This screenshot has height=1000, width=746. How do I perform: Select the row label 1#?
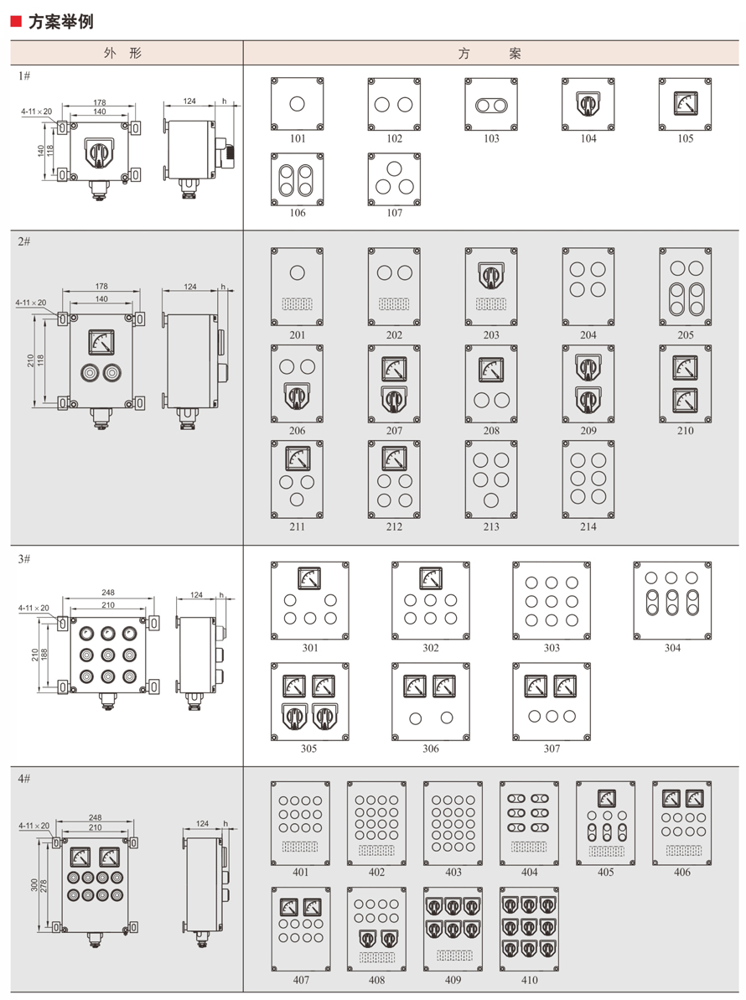25,75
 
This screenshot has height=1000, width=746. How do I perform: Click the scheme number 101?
297,139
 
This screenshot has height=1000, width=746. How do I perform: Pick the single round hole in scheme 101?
297,104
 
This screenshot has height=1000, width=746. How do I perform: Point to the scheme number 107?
394,213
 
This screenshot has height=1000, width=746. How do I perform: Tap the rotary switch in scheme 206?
297,396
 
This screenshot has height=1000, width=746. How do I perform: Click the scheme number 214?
588,527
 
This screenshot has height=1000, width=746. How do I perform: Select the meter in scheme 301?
309,578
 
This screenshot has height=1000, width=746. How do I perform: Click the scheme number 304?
672,648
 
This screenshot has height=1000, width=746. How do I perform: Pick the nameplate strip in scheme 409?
453,956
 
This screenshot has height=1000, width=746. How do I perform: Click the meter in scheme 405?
605,797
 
